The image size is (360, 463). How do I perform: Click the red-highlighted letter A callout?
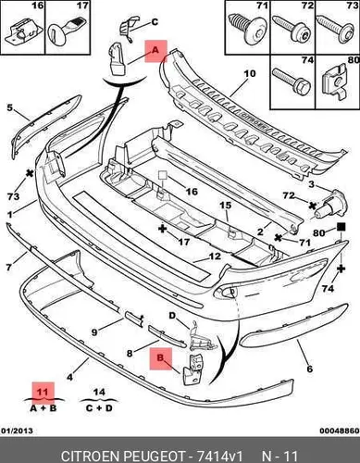click(155, 51)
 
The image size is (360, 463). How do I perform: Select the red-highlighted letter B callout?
click(161, 358)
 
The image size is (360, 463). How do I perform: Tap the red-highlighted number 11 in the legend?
click(43, 393)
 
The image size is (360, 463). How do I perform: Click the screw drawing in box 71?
click(247, 29)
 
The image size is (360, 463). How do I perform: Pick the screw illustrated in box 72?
click(292, 30)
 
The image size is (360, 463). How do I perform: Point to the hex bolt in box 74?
click(292, 80)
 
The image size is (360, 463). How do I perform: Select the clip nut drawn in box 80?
click(337, 82)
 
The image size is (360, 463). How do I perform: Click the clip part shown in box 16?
click(22, 32)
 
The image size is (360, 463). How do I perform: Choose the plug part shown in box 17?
click(68, 31)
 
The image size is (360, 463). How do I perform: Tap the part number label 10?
click(250, 74)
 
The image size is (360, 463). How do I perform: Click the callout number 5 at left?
click(10, 108)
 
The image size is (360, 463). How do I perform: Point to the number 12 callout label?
click(215, 256)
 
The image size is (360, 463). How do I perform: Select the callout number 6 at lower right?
click(310, 369)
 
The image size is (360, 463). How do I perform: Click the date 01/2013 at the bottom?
click(18, 431)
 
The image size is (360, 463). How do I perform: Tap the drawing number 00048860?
click(340, 431)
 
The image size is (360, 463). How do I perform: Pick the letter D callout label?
click(172, 316)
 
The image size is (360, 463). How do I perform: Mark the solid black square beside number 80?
click(341, 227)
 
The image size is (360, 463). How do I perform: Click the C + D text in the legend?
click(99, 408)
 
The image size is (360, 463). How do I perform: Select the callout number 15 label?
click(226, 205)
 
